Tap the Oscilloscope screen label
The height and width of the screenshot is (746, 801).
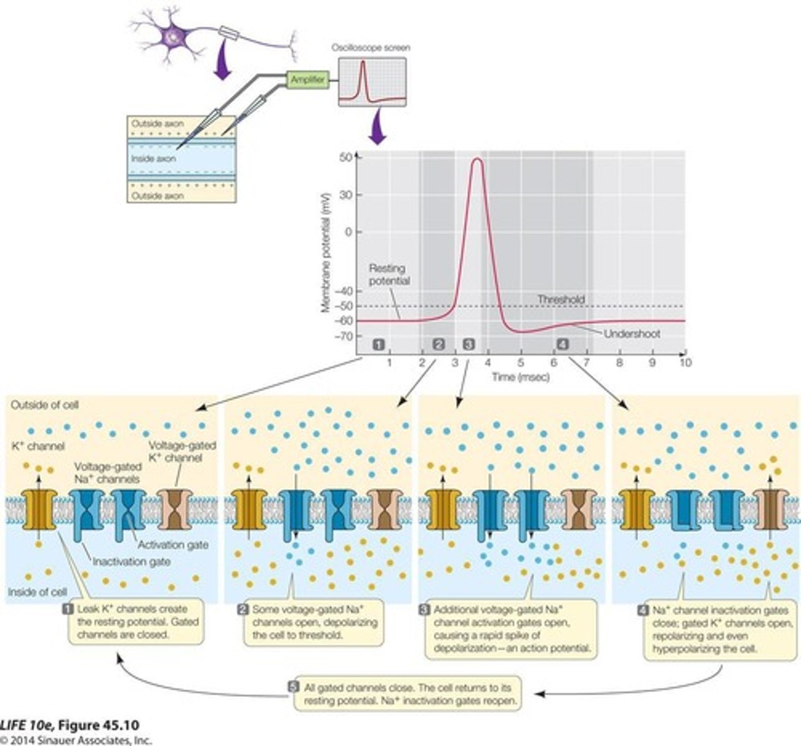coord(372,48)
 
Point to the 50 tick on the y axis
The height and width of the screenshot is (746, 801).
coord(345,158)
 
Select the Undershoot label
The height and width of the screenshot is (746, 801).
coord(632,334)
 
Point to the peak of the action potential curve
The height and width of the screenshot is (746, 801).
coord(477,159)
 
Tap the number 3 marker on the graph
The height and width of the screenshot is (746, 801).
coord(469,344)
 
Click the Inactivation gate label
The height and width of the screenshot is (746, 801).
coord(131,561)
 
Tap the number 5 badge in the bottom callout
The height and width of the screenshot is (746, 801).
coord(294,688)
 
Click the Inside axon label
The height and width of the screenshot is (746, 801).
coord(153,159)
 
